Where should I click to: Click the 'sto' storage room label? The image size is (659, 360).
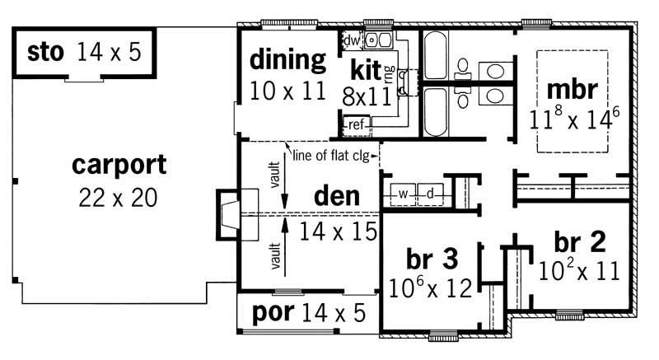(45, 53)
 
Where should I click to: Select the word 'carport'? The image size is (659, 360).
(119, 165)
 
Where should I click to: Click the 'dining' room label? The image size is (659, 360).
(288, 60)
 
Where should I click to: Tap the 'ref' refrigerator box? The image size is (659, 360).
(357, 124)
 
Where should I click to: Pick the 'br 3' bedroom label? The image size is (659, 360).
(431, 257)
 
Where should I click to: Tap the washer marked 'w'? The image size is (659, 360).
(403, 193)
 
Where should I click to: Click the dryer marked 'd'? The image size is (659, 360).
(430, 193)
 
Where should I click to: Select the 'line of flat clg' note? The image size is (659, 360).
(333, 154)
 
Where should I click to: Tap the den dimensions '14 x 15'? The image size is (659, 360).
(338, 230)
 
